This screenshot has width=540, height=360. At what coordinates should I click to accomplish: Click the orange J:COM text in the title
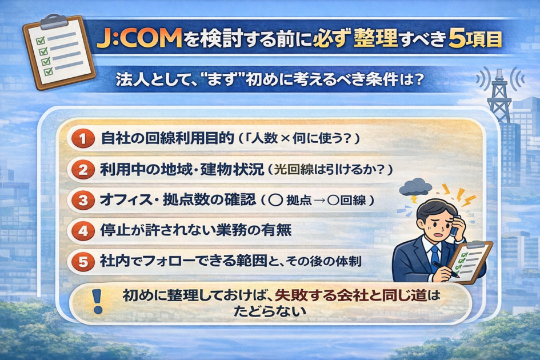tap(139, 38)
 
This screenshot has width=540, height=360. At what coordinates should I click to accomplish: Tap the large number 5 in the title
tap(457, 39)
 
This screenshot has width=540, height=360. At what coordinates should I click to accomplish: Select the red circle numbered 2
tap(83, 170)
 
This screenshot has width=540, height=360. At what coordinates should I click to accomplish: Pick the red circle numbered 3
tap(83, 200)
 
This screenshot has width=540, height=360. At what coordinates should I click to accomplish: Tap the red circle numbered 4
tap(83, 230)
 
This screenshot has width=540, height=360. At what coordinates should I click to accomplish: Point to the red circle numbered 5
tap(83, 262)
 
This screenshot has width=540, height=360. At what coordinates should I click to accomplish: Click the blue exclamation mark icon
tap(98, 301)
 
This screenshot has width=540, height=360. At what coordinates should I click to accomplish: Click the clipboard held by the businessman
tap(470, 261)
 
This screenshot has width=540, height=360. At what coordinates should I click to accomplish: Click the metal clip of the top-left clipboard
tap(54, 21)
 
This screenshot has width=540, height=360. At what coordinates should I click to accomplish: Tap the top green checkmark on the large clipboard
tap(41, 41)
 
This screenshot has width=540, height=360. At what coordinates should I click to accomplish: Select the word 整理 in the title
tap(375, 38)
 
